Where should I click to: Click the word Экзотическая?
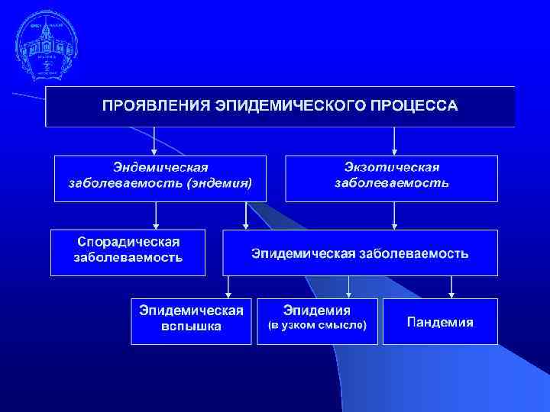coord(392,167)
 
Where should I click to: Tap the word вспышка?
coord(191,327)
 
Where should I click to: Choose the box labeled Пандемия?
coord(440,322)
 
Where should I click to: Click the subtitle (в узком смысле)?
coord(317,326)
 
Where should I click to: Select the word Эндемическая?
coord(161,167)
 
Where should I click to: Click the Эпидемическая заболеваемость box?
coord(361,253)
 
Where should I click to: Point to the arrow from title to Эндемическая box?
coord(155,141)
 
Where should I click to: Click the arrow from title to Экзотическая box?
coord(394,141)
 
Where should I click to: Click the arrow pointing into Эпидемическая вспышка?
coord(228,287)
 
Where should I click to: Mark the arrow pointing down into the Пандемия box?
coord(452,287)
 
